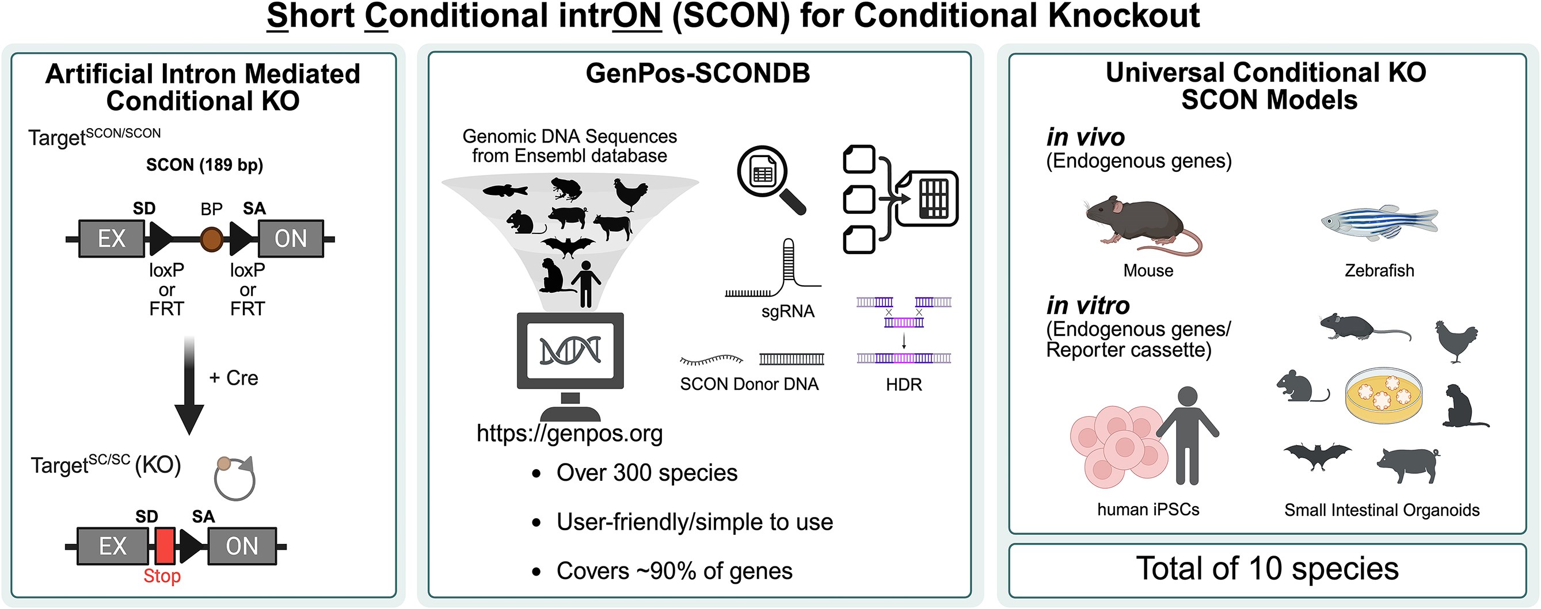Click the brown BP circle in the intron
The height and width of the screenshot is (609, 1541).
coord(212,239)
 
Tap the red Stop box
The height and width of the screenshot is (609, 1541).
coord(165,545)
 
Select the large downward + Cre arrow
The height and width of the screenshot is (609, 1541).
coord(189,385)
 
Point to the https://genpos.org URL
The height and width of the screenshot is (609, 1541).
coord(569,433)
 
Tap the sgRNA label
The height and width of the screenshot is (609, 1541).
coord(788,311)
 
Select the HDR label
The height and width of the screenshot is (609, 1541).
coord(904,384)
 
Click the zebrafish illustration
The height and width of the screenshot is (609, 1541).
coord(1379,223)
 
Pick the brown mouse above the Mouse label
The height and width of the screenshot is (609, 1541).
coord(1143,226)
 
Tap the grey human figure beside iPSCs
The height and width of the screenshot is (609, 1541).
coord(1187,435)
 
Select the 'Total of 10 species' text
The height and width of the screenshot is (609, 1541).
coord(1267,568)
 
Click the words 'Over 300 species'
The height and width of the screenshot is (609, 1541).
coord(646,473)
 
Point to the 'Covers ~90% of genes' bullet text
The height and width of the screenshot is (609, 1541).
coord(674,570)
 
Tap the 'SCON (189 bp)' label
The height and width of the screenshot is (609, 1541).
coord(204,165)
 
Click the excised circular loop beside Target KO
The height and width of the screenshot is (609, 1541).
coord(235,478)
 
